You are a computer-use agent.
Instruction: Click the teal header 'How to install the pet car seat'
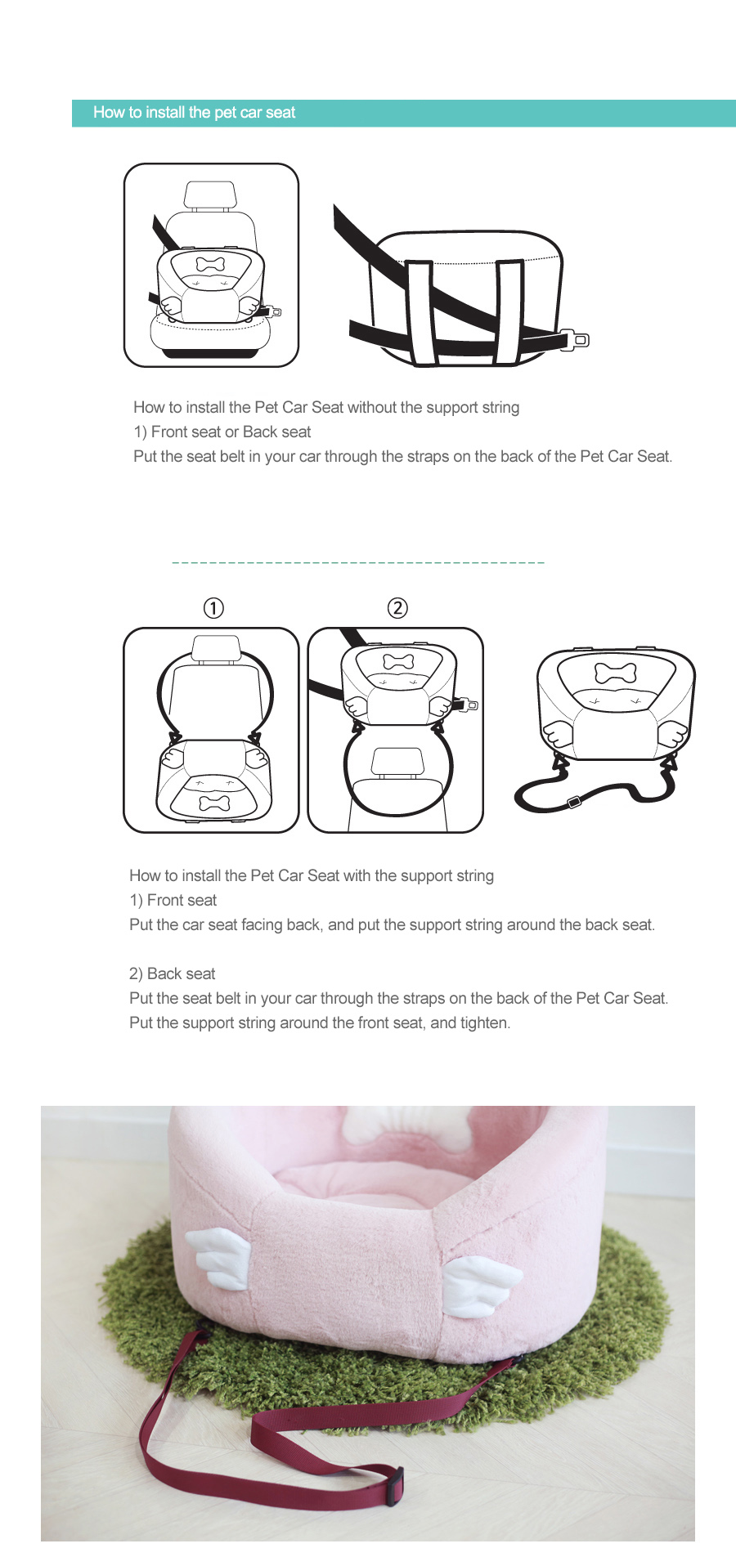(x=194, y=113)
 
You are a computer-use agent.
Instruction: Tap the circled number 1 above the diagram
(x=213, y=608)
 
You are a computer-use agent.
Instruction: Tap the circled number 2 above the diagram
(x=397, y=608)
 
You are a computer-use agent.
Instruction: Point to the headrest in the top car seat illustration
(x=210, y=195)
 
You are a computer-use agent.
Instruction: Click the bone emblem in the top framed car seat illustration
(x=210, y=264)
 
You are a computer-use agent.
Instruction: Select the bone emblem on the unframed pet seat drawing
(x=616, y=673)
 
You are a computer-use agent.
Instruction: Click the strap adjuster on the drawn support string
(x=574, y=802)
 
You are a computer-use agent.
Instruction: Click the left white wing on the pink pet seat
(x=219, y=1259)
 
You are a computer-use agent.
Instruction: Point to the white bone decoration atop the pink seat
(x=378, y=1125)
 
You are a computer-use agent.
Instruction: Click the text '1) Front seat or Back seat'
(x=222, y=432)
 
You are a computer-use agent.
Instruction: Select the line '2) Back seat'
(x=173, y=973)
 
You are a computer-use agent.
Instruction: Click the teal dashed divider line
(x=358, y=562)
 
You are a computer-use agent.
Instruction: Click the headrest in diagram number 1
(x=215, y=648)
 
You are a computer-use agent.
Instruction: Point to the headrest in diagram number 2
(x=397, y=761)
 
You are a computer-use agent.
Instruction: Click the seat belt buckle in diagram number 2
(x=469, y=705)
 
